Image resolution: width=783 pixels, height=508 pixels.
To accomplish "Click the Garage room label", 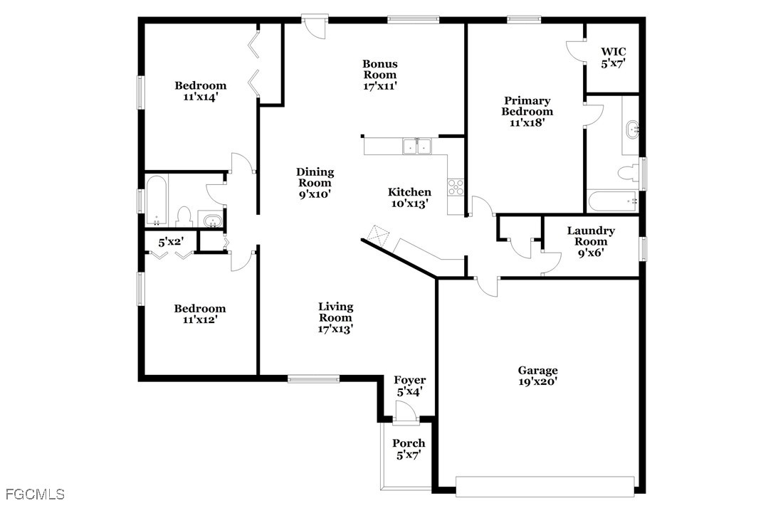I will pos(537,376).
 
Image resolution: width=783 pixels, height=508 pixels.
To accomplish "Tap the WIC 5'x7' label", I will pos(614,57).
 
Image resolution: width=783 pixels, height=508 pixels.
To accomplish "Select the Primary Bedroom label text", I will pos(527,112).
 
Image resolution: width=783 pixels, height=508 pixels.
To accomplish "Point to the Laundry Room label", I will pos(591,241).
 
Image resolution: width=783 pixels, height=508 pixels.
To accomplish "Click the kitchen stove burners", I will pos(456,187).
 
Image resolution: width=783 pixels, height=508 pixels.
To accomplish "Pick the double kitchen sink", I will pos(417,147).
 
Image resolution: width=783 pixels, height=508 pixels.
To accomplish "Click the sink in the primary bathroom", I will pos(631,130).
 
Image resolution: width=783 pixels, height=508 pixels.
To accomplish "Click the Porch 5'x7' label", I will pos(409,449).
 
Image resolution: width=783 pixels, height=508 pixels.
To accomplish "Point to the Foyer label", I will pos(410,381).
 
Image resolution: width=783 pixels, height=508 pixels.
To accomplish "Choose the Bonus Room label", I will pos(380,75).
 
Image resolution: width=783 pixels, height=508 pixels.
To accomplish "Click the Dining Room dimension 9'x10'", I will pos(315,193).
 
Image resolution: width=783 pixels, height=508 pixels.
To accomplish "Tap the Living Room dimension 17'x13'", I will pos(335,329).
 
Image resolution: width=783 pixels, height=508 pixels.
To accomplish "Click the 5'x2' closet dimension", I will pos(171,243).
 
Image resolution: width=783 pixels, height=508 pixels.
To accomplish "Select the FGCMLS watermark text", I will pos(34,494).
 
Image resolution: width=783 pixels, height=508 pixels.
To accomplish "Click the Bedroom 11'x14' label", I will pos(200,91).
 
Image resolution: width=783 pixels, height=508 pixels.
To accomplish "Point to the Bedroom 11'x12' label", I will pos(200,314).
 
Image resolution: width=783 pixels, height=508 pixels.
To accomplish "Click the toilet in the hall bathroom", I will pos(184,216).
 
